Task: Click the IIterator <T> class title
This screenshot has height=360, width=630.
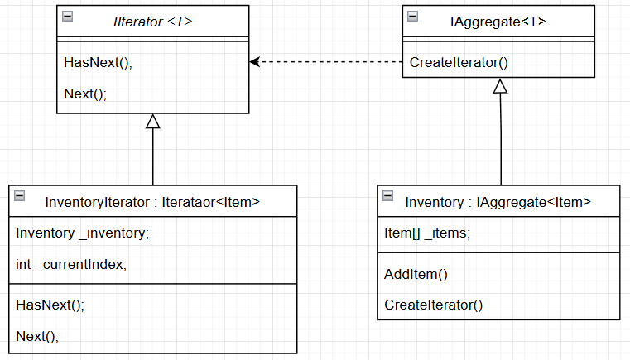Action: pyautogui.click(x=152, y=21)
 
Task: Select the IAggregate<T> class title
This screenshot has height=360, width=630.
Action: pyautogui.click(x=498, y=21)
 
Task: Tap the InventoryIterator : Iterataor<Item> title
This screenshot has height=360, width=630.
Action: pyautogui.click(x=152, y=201)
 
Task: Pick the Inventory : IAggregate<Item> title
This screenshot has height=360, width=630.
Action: pyautogui.click(x=498, y=201)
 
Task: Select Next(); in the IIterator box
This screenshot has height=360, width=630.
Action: pyautogui.click(x=85, y=94)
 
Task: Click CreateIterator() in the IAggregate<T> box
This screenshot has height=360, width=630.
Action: pyautogui.click(x=459, y=63)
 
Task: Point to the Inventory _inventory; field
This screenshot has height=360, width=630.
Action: pyautogui.click(x=82, y=233)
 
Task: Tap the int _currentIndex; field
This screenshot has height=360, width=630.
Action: pyautogui.click(x=71, y=264)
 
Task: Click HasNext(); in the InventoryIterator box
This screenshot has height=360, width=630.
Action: pyautogui.click(x=50, y=305)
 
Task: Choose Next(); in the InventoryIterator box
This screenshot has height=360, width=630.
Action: pyautogui.click(x=37, y=335)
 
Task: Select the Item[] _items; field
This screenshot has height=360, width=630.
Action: pyautogui.click(x=427, y=233)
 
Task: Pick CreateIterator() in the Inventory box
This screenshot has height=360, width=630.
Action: pyautogui.click(x=433, y=305)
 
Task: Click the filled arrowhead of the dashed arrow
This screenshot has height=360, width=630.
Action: pyautogui.click(x=255, y=62)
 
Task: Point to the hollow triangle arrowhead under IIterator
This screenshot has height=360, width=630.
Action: pyautogui.click(x=152, y=121)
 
